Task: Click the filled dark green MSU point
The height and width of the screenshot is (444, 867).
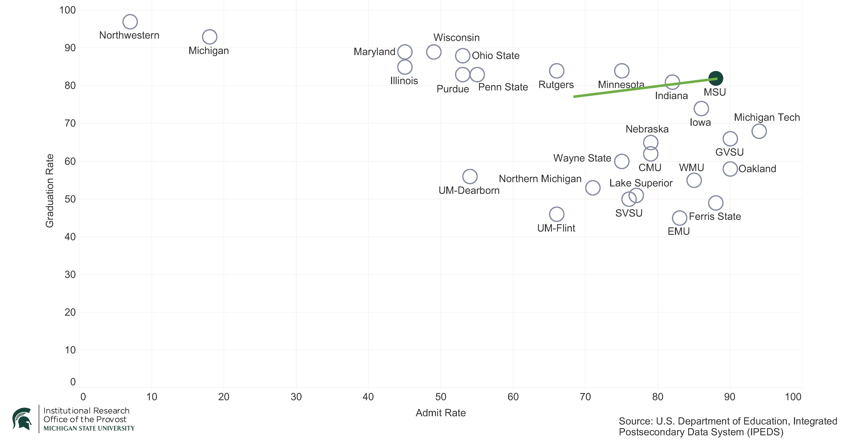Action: pyautogui.click(x=715, y=78)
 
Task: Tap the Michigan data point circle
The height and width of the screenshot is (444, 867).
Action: pyautogui.click(x=209, y=37)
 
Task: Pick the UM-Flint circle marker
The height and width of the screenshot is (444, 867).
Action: pyautogui.click(x=556, y=214)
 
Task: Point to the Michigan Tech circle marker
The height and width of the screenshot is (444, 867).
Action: pyautogui.click(x=759, y=131)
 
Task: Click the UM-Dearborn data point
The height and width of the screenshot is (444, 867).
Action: pyautogui.click(x=470, y=176)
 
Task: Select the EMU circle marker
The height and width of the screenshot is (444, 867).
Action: pyautogui.click(x=680, y=218)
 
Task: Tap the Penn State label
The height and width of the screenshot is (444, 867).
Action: pyautogui.click(x=503, y=87)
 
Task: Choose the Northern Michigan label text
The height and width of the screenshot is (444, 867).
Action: pyautogui.click(x=540, y=179)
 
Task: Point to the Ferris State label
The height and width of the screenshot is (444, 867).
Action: pyautogui.click(x=715, y=216)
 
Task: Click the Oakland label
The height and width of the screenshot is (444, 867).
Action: pyautogui.click(x=757, y=169)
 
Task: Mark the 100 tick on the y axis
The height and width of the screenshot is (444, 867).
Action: pyautogui.click(x=67, y=10)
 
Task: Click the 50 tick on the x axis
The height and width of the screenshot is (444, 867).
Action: pyautogui.click(x=441, y=397)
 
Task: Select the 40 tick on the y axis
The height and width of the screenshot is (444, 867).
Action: pyautogui.click(x=70, y=237)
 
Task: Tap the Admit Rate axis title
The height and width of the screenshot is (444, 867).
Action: pyautogui.click(x=441, y=413)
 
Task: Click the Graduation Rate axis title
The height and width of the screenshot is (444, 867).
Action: pyautogui.click(x=50, y=191)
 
